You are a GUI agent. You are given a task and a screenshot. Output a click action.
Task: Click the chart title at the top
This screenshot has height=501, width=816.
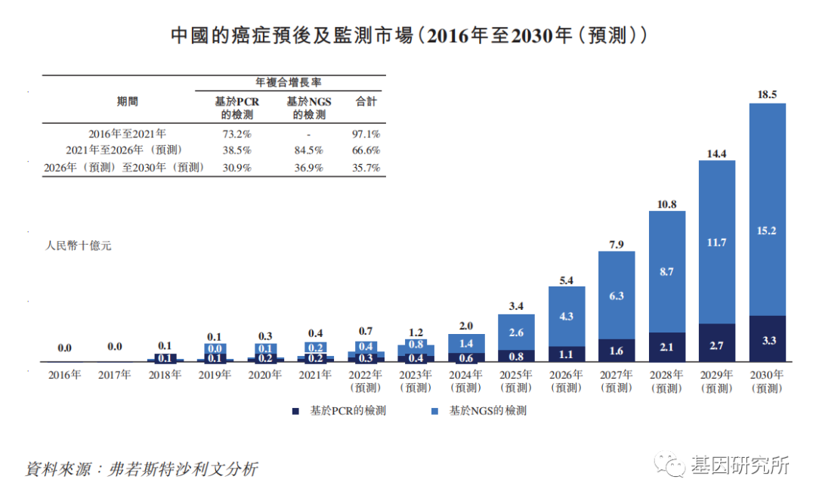coord(408,35)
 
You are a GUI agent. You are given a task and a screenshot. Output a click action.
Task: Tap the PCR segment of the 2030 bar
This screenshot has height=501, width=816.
coord(767,340)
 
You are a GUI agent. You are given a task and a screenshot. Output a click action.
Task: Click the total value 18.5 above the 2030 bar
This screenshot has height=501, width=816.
coord(767,94)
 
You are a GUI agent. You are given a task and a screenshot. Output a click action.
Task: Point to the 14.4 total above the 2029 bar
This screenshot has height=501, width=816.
coord(716,153)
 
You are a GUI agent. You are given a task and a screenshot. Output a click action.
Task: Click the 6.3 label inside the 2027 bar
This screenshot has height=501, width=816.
coord(617,296)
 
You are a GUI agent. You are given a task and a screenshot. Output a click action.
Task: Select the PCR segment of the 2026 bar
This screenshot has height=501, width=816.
coord(567,353)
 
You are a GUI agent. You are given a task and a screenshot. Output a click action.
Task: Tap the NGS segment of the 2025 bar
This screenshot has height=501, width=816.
coord(516,332)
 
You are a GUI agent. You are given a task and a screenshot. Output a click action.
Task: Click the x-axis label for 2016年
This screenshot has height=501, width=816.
coord(64,374)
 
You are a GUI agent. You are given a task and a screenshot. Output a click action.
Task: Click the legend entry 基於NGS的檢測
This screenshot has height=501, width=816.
coord(481,411)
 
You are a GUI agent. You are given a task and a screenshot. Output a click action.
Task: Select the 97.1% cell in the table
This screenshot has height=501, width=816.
coord(366,133)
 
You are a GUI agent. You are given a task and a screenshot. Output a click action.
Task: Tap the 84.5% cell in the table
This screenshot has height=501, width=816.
coord(309,150)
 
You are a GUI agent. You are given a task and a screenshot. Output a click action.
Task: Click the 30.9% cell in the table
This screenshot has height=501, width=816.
coord(236,168)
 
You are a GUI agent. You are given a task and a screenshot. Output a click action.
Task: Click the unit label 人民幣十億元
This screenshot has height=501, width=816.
coord(79,246)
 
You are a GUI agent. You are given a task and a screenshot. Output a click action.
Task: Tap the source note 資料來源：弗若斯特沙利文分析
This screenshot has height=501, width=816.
coord(141,469)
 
